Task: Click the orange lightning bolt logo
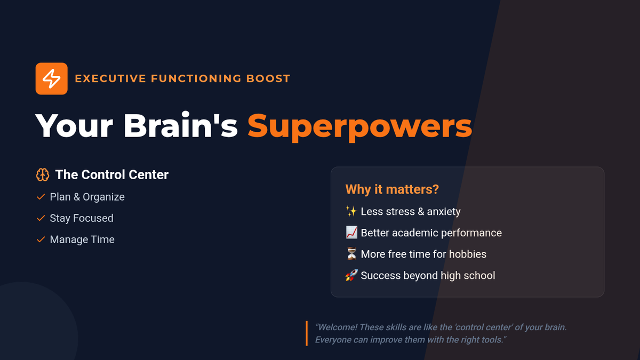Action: (x=51, y=78)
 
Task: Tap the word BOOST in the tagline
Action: (x=268, y=78)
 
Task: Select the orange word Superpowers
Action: (x=359, y=126)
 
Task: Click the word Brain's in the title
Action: (x=181, y=125)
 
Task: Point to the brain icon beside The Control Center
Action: (x=43, y=174)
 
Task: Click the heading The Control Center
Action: (x=111, y=174)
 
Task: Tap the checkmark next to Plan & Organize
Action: (x=41, y=197)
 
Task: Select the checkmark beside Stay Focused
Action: (x=41, y=218)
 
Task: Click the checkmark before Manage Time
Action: (x=41, y=239)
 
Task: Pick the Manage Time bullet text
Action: (x=82, y=239)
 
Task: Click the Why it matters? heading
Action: (x=392, y=189)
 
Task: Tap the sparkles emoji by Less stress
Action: (x=351, y=211)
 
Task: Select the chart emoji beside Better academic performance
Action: (x=351, y=233)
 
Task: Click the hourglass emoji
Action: (x=351, y=254)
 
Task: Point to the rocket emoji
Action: (x=351, y=275)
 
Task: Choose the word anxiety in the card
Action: (x=444, y=212)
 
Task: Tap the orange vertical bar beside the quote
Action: (x=307, y=333)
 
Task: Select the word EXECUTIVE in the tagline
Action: (x=110, y=78)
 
